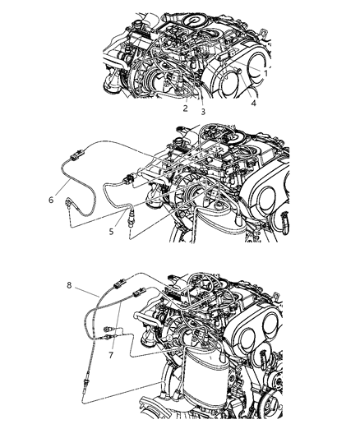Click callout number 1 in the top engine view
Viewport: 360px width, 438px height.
(x=265, y=72)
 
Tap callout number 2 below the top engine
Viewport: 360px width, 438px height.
(x=185, y=108)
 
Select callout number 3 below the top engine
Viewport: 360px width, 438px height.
(x=202, y=111)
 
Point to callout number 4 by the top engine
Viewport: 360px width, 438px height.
(x=253, y=104)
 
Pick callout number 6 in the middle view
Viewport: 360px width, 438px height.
(x=52, y=198)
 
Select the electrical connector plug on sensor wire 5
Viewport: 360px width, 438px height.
(x=125, y=179)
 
